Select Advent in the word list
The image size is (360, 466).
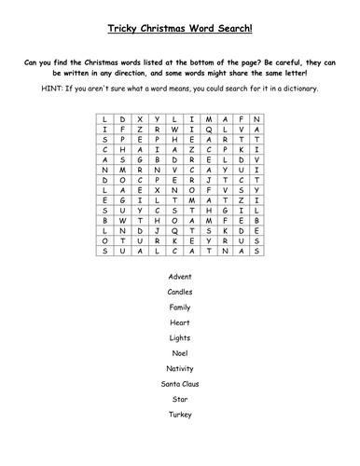coord(180,276)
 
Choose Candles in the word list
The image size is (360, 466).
coord(180,292)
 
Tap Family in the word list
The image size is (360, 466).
coord(180,307)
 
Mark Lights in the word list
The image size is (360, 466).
coord(180,337)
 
